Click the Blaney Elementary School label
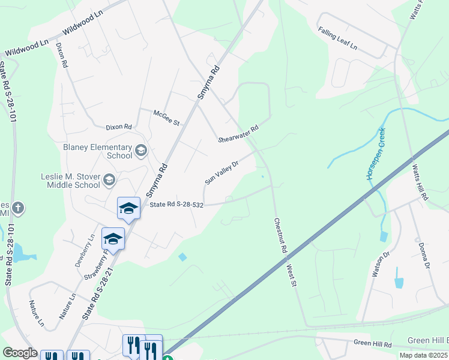(98, 151)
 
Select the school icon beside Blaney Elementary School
(141, 150)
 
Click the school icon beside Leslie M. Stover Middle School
(109, 179)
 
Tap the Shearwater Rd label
(238, 134)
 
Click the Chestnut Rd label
(280, 234)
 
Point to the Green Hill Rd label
(372, 344)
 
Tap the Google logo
(20, 353)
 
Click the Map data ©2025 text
(423, 355)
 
